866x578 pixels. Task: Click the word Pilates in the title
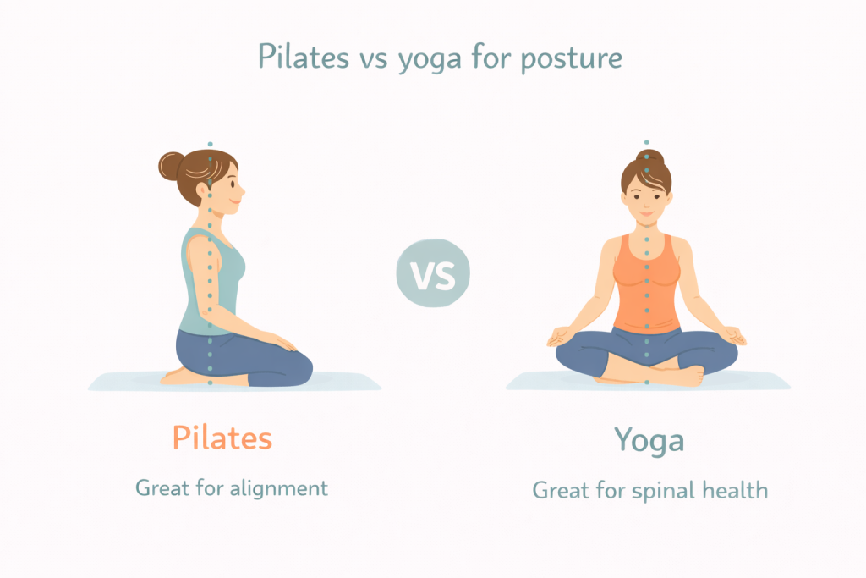pyautogui.click(x=304, y=57)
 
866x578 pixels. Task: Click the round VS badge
pyautogui.click(x=433, y=273)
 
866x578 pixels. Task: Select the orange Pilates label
pyautogui.click(x=222, y=438)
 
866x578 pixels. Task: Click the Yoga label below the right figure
pyautogui.click(x=649, y=441)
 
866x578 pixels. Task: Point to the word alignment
pyautogui.click(x=279, y=488)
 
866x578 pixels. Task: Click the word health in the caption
pyautogui.click(x=735, y=490)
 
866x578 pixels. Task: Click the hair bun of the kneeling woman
pyautogui.click(x=171, y=166)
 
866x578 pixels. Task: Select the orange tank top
pyautogui.click(x=647, y=284)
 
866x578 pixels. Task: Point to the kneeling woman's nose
pyautogui.click(x=242, y=190)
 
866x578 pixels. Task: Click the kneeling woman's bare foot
pyautogui.click(x=177, y=377)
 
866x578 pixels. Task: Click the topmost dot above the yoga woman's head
pyautogui.click(x=647, y=142)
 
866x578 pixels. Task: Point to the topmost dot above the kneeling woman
pyautogui.click(x=210, y=144)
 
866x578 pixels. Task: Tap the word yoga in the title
pyautogui.click(x=429, y=60)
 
